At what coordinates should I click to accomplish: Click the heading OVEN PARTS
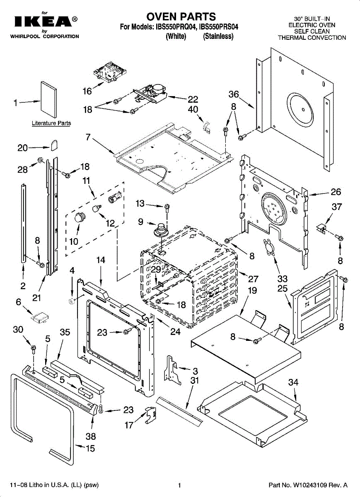point(181,17)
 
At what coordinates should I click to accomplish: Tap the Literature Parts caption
point(51,123)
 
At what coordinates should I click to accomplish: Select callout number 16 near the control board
point(87,91)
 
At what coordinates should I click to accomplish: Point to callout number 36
point(234,94)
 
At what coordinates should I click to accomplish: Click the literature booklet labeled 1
point(48,99)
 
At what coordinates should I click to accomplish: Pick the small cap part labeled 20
point(54,145)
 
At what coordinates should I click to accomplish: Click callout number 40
point(193,109)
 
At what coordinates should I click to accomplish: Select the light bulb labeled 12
point(97,208)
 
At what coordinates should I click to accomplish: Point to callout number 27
point(253,279)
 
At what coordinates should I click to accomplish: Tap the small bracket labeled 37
point(321,228)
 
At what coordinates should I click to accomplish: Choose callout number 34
point(293,382)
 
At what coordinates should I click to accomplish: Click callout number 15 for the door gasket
point(90,449)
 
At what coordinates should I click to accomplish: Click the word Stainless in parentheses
point(218,36)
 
